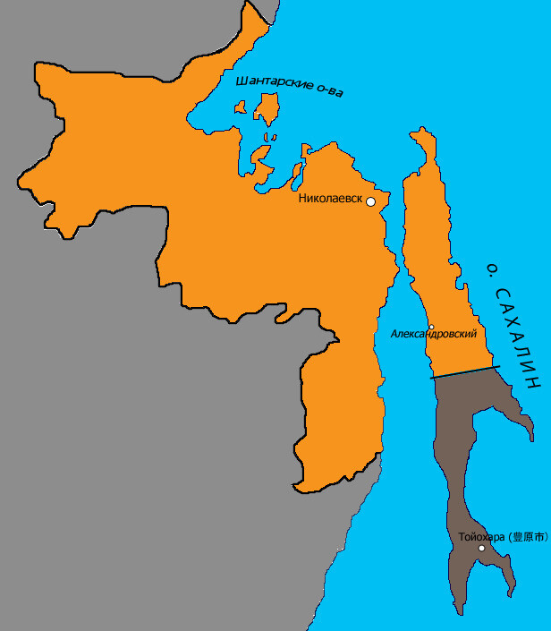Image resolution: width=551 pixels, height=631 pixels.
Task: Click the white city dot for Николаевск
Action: coord(371,201)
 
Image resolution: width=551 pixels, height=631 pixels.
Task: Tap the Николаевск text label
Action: coord(331,200)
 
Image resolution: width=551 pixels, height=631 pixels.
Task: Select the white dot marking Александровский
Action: coord(431,327)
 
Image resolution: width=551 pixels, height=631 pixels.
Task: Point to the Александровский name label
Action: coord(433,334)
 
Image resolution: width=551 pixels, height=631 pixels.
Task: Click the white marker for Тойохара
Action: coord(481,548)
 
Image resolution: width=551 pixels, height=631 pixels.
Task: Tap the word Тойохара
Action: coord(482,538)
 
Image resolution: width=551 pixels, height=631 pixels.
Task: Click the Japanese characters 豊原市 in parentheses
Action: coord(529,538)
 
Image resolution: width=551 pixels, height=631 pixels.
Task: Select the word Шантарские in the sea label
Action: coord(274,84)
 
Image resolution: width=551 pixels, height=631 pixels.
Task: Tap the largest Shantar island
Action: coord(266,108)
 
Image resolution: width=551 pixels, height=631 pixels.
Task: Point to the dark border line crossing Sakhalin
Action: coord(463,372)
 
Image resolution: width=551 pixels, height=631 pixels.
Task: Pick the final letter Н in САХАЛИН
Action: coord(535,381)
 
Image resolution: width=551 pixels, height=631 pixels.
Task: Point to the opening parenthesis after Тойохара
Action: coord(511,538)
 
